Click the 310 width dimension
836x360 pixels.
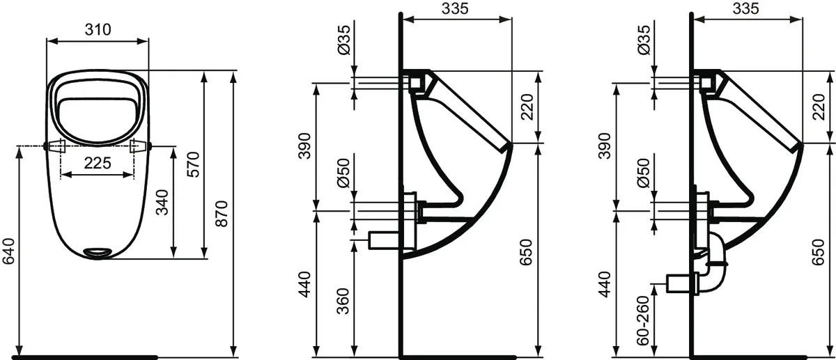97,29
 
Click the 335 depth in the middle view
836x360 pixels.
456,8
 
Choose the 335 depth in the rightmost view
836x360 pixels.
745,8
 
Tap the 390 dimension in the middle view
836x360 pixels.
304,144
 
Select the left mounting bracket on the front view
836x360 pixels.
56,146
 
